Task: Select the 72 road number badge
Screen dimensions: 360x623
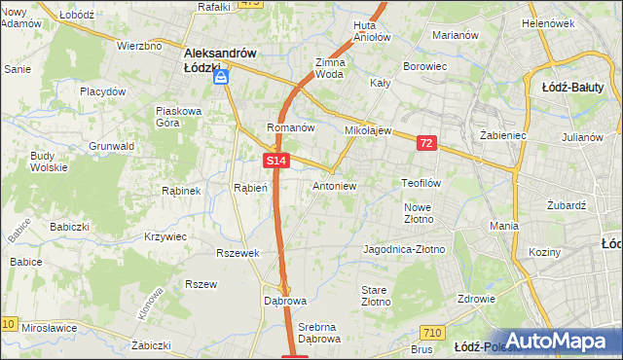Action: [x=425, y=143]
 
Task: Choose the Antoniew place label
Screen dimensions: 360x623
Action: [x=335, y=185]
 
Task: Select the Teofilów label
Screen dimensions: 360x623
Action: [x=422, y=182]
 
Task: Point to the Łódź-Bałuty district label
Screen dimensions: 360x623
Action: [x=581, y=87]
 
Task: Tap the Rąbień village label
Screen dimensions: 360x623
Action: [x=250, y=187]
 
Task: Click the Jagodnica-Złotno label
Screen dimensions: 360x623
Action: [x=403, y=249]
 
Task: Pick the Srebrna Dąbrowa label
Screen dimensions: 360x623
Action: [x=319, y=333]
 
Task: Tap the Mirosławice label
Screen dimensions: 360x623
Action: [x=50, y=328]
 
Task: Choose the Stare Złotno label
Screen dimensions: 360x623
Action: [x=376, y=297]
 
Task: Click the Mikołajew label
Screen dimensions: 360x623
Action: [x=368, y=129]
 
